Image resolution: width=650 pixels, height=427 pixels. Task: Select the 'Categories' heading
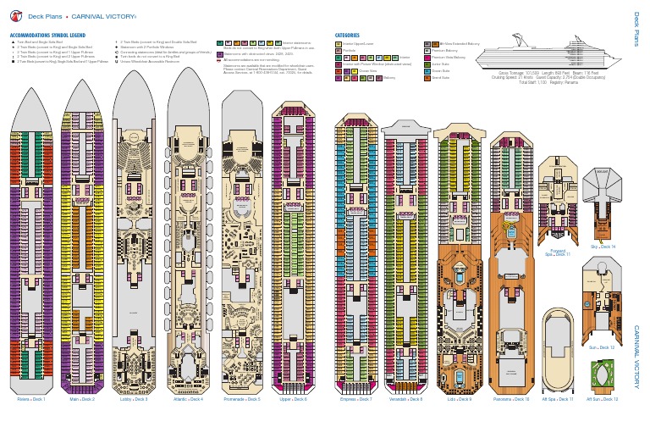click(349, 35)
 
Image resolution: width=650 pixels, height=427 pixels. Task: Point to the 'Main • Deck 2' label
click(82, 398)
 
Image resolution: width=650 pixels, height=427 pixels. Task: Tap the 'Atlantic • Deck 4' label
click(187, 398)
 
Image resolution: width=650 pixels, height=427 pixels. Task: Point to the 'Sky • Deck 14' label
click(603, 247)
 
